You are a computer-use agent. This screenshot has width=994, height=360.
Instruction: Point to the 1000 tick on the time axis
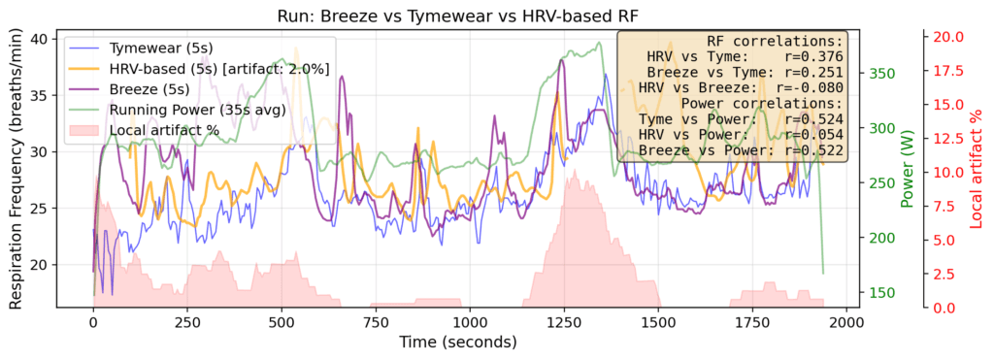tap(470, 322)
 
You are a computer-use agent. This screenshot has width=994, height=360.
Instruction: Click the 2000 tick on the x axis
tap(846, 322)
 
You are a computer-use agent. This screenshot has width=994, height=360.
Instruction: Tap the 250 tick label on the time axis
tap(187, 322)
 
